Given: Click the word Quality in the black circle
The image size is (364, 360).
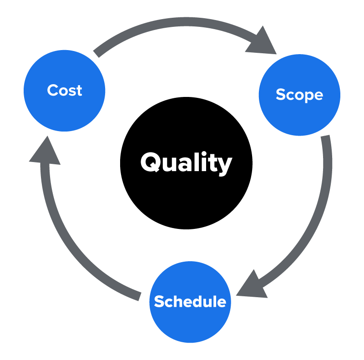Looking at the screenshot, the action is [186, 163].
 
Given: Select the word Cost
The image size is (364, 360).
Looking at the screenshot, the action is [65, 90].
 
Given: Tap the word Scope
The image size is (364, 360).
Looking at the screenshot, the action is [299, 95].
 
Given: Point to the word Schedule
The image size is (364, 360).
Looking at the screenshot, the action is [190, 301].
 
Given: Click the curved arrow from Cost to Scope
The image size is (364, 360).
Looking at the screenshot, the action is [186, 21].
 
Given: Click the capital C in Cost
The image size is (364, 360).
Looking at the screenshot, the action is [52, 90].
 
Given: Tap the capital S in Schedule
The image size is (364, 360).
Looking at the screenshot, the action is [159, 301].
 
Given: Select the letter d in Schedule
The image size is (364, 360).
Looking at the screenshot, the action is [196, 301].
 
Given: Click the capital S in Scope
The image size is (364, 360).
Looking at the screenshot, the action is [281, 94].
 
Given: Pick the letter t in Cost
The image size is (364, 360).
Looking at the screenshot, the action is [79, 91].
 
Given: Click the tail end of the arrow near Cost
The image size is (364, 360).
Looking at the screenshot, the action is [96, 54].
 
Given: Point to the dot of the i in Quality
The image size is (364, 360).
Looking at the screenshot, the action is [204, 153].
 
